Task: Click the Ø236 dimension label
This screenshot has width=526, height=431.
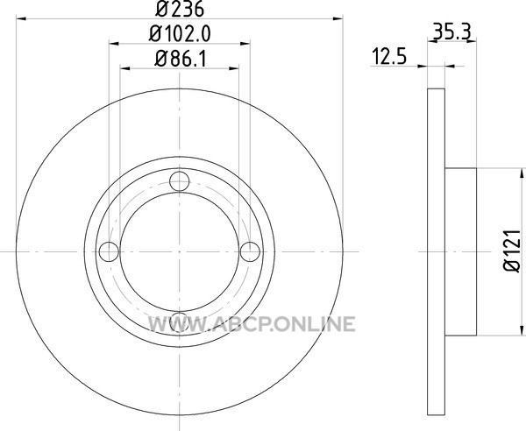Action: pos(180,9)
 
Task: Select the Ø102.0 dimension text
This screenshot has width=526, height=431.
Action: pos(180,33)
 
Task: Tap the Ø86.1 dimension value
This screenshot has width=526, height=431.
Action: pos(180,59)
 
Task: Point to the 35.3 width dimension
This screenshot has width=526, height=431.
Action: pos(452,32)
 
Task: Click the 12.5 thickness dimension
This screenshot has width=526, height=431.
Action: pos(389,56)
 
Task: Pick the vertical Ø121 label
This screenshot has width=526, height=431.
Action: pos(512,251)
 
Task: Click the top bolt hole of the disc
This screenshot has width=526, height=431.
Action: pos(180,181)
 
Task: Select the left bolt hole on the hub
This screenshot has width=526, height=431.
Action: pos(109,251)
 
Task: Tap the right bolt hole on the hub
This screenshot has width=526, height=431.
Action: pos(250,251)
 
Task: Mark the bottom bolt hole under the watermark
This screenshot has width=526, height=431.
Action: pos(180,321)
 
